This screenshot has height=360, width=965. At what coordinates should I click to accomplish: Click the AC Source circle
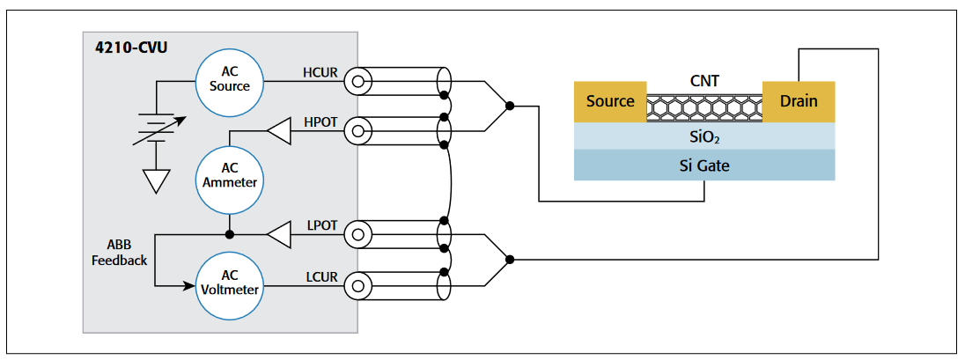[229, 80]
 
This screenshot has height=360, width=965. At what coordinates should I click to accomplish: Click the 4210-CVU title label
[130, 46]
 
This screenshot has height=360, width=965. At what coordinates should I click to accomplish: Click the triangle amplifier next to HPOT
[279, 133]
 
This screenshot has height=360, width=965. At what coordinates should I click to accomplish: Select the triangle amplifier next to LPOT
[279, 235]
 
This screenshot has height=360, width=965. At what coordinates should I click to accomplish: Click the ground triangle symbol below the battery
[156, 180]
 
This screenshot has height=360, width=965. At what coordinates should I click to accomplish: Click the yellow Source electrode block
[610, 101]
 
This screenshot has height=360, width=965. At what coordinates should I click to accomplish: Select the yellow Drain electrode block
[799, 101]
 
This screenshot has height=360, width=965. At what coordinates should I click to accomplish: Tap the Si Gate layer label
[703, 165]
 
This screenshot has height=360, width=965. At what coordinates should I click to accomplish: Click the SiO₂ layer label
[703, 136]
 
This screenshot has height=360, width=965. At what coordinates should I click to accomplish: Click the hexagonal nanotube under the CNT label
[703, 108]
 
